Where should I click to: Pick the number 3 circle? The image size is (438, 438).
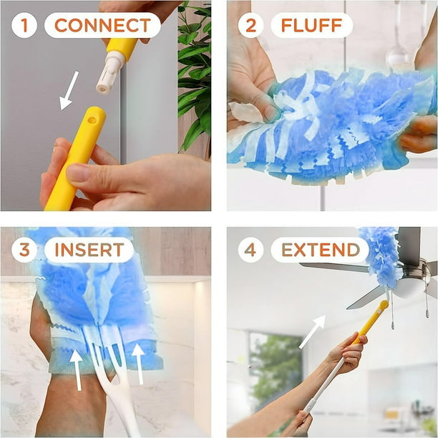coord(24,250)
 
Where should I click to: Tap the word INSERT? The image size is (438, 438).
coord(89,250)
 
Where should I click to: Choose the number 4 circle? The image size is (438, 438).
coord(250,250)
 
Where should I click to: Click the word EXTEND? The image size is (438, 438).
coord(320,250)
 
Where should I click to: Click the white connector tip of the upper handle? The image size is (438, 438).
coord(108,77)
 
